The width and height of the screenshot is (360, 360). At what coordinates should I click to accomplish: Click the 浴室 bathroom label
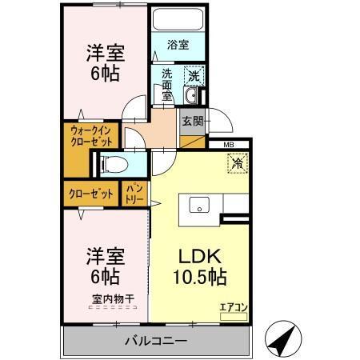pyautogui.click(x=178, y=45)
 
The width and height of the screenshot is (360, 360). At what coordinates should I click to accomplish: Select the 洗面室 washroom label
pyautogui.click(x=167, y=84)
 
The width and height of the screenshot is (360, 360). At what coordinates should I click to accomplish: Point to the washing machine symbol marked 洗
pyautogui.click(x=194, y=76)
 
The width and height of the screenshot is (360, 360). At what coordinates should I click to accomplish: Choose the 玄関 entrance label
pyautogui.click(x=192, y=122)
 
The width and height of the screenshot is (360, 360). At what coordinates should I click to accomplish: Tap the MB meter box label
pyautogui.click(x=229, y=145)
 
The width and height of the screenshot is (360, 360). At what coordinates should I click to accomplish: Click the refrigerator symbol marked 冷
pyautogui.click(x=238, y=162)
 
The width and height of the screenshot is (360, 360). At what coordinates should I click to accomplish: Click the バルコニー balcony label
pyautogui.click(x=156, y=341)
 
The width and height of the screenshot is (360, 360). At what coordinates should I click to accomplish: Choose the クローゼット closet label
pyautogui.click(x=90, y=194)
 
